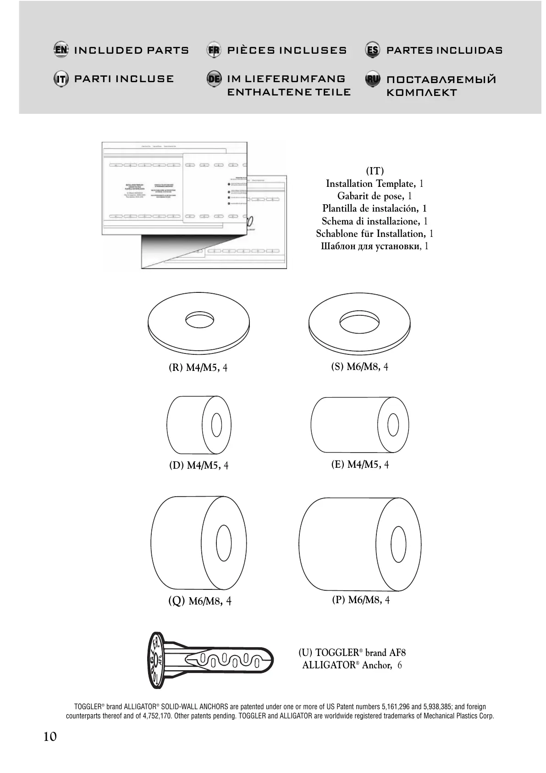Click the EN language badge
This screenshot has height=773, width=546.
click(61, 50)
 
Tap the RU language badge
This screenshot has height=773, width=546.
click(373, 79)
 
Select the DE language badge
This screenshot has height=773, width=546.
click(214, 78)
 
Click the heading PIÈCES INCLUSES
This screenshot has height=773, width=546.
click(287, 50)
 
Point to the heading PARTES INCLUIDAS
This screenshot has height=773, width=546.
click(444, 50)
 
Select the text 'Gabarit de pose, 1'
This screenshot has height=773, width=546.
click(375, 196)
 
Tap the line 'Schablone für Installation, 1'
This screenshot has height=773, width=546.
click(375, 234)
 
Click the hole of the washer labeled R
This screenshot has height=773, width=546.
click(199, 319)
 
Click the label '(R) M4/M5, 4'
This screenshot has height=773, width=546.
click(198, 368)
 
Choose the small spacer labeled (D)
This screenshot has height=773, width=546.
click(198, 425)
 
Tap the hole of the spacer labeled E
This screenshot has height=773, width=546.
click(392, 425)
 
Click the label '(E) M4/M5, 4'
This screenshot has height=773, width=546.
click(360, 465)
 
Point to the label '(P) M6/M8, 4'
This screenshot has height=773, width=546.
click(361, 600)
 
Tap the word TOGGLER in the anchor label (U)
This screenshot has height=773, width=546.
click(336, 653)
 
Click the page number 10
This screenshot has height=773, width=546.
click(50, 737)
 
